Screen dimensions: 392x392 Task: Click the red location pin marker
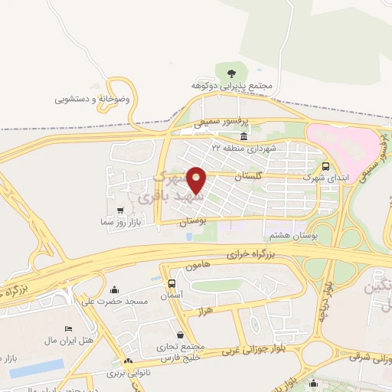tap(197, 180)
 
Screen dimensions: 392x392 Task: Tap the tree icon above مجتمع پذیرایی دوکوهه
tap(231, 73)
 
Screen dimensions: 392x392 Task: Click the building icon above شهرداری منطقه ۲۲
tap(243, 136)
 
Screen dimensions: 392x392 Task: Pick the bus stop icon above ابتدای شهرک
tap(327, 165)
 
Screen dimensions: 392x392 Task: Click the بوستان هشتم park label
tap(290, 237)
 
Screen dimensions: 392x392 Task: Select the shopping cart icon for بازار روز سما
tap(120, 209)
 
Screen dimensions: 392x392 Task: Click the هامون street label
tap(197, 266)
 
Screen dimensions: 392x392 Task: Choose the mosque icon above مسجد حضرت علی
tap(115, 289)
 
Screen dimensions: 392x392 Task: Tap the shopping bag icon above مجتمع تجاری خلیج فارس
tap(180, 335)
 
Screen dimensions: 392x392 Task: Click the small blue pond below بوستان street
tap(188, 237)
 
